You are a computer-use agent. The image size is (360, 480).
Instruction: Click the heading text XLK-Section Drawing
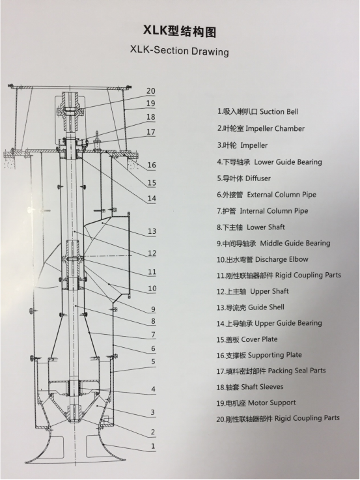coord(179,51)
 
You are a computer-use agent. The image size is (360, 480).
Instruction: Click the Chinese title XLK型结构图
coord(180,31)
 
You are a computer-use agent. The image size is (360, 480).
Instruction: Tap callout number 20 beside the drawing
coord(151,91)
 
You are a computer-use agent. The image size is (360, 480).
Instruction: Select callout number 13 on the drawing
coord(152,231)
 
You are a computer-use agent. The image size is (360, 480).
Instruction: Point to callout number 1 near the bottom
coord(153,446)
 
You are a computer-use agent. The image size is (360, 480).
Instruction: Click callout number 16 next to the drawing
coord(152,165)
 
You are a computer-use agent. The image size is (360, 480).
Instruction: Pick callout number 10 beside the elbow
coord(152,289)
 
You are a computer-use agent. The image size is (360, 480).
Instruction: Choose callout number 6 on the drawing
coord(153,348)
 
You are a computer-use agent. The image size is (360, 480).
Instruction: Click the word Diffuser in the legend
coord(258,178)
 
